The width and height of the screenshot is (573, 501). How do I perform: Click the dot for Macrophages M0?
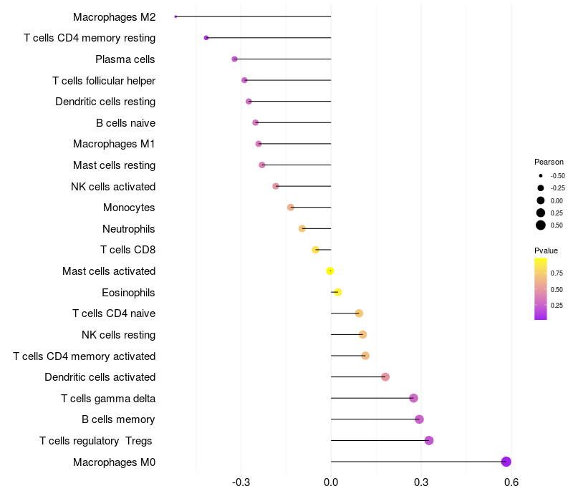tap(506, 462)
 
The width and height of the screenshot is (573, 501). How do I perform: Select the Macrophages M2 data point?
tap(175, 16)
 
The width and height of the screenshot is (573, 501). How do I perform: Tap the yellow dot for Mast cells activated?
tap(330, 271)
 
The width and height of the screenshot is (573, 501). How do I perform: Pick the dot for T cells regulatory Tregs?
tap(429, 440)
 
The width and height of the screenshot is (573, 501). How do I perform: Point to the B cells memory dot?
tap(419, 419)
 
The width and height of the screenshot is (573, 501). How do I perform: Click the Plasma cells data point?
tap(234, 59)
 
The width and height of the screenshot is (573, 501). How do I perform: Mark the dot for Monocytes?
tap(290, 208)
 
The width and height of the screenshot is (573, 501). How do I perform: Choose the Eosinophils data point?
tap(338, 292)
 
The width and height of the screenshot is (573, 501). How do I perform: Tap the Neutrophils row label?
tap(129, 229)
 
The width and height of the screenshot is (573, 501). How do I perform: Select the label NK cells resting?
tap(119, 335)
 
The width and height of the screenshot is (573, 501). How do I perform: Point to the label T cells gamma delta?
tap(108, 399)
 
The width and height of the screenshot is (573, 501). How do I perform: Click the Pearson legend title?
tap(549, 162)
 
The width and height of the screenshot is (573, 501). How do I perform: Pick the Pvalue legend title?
tap(546, 250)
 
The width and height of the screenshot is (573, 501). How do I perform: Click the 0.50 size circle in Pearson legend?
tap(540, 225)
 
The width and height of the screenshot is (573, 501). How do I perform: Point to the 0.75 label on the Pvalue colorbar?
tap(557, 273)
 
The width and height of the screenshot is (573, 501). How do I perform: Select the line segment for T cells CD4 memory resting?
tap(269, 37)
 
